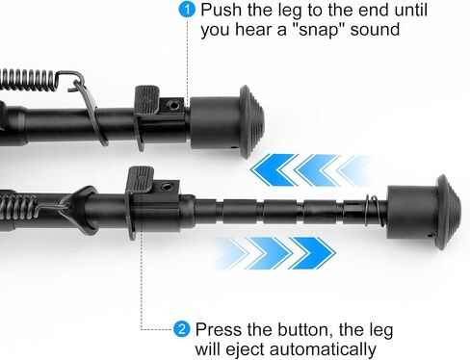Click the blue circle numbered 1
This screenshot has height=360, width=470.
187,10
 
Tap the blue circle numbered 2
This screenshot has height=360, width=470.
182,329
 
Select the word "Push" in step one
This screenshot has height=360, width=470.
221,10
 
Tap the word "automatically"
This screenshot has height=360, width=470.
323,349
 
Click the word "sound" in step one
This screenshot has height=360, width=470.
375,30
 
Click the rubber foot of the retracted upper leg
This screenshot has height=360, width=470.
227,122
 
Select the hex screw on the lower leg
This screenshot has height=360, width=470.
167,187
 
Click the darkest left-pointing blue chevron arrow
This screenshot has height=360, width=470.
273,170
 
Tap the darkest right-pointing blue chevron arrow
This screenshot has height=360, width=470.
312,253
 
